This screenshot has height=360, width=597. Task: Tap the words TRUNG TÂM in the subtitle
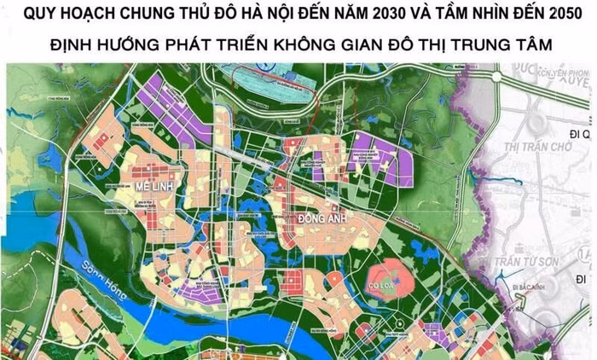(x=504, y=44)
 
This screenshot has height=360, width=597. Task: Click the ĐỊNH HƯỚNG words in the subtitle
(x=98, y=44)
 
